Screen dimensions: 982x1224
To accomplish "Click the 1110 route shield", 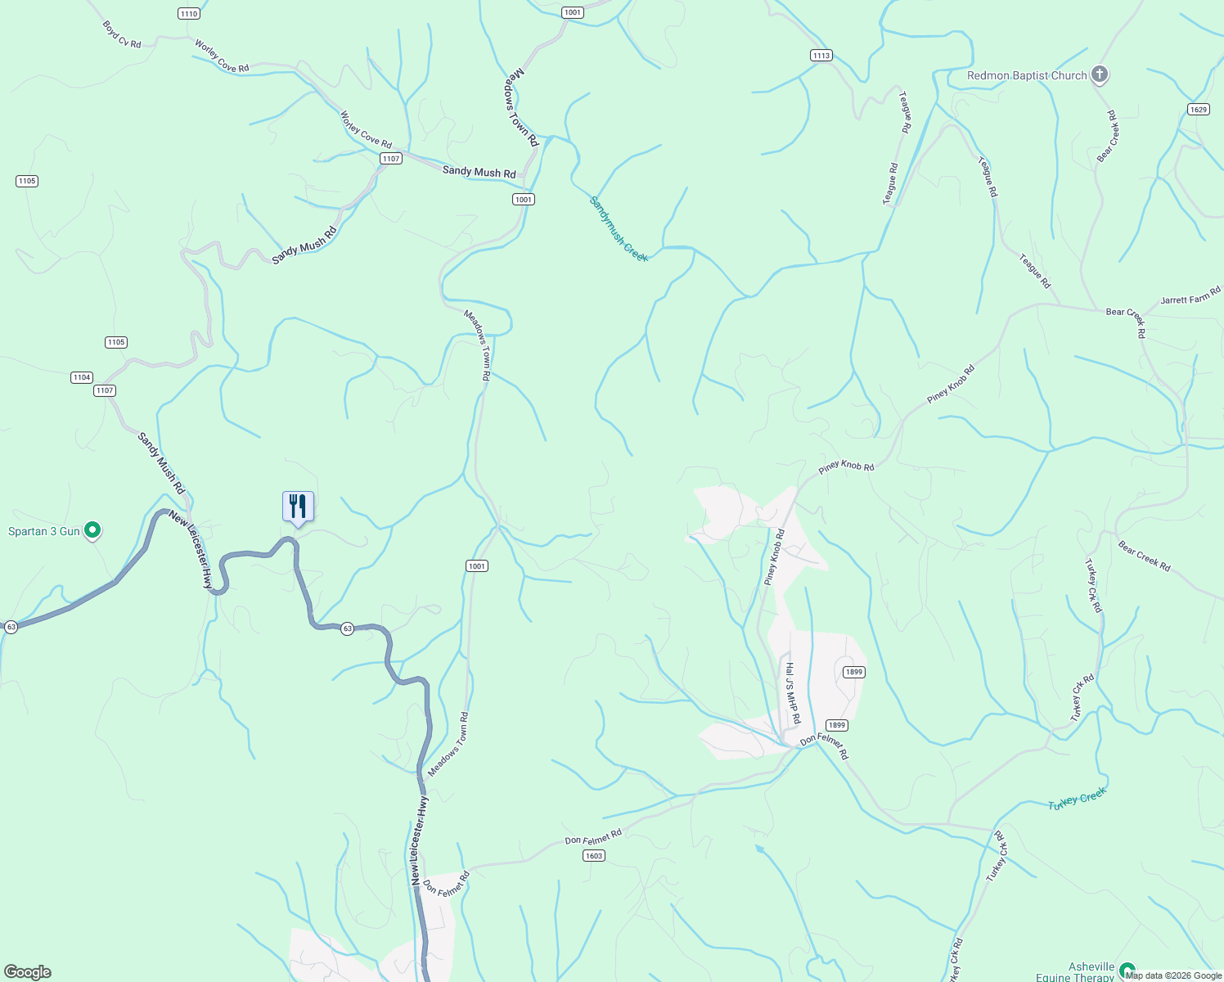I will (x=188, y=14).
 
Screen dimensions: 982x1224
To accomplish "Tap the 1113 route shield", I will (x=821, y=56).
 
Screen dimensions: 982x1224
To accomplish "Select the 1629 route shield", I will (x=1199, y=110).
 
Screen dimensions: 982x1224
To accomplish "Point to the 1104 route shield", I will (x=81, y=377).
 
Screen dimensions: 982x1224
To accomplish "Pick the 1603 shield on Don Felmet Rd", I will (x=594, y=856).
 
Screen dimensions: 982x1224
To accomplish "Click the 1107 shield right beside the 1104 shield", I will (x=105, y=390).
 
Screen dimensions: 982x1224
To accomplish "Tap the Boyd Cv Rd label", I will (x=122, y=34).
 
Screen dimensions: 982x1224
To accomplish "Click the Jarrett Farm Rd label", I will (x=1190, y=295).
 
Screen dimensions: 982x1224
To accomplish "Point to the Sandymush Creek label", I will (x=619, y=229).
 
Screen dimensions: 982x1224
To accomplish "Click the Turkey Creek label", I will (x=1077, y=799).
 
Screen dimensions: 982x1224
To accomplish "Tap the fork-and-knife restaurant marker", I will (x=298, y=507).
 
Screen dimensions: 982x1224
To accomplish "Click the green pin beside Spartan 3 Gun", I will (x=93, y=531).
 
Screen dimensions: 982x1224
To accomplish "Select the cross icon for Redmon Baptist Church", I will (x=1100, y=75).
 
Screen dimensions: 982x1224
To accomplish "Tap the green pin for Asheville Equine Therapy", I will (x=1127, y=970).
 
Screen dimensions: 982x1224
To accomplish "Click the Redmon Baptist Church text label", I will (x=1027, y=75).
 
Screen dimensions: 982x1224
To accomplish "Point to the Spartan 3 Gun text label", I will (x=44, y=531).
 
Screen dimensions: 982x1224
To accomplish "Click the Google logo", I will (x=28, y=972).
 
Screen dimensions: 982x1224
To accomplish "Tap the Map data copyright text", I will (x=1173, y=975).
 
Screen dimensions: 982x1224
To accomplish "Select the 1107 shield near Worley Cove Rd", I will (x=391, y=158).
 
